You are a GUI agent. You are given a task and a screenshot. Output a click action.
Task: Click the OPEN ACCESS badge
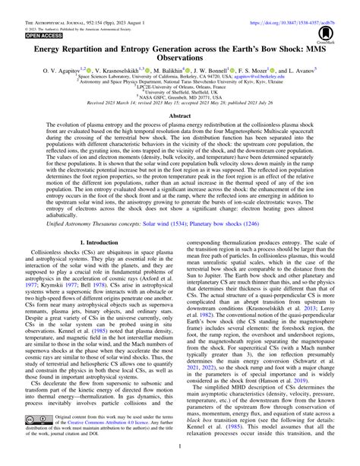[x=24, y=36]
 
